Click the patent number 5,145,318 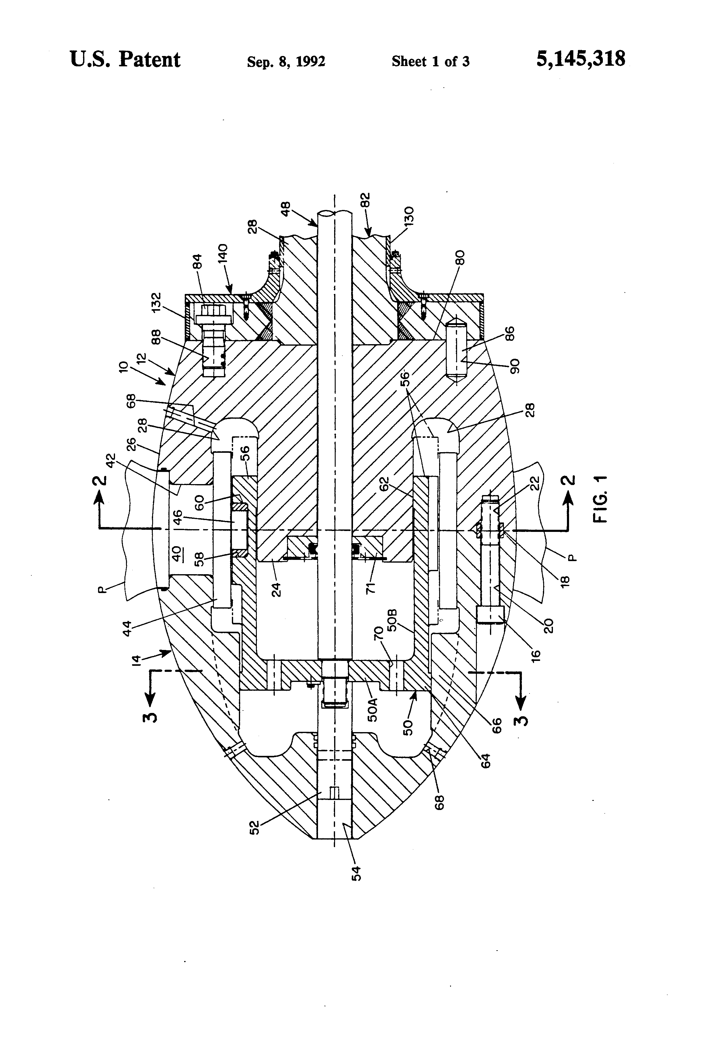tap(580, 59)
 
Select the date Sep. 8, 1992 tap(286, 61)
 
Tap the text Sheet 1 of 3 tap(430, 61)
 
